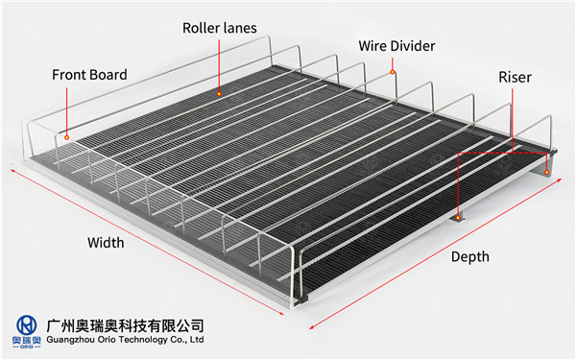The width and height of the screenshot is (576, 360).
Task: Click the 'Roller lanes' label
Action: click(x=219, y=28)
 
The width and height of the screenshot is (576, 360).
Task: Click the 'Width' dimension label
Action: click(x=106, y=242)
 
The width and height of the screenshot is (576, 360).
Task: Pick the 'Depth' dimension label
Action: click(x=469, y=256)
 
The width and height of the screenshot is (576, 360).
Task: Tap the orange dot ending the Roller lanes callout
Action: click(x=220, y=94)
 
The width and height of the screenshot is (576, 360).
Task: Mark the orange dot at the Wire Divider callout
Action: click(x=393, y=71)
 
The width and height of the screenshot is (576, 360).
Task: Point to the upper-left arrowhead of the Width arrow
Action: click(x=12, y=170)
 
